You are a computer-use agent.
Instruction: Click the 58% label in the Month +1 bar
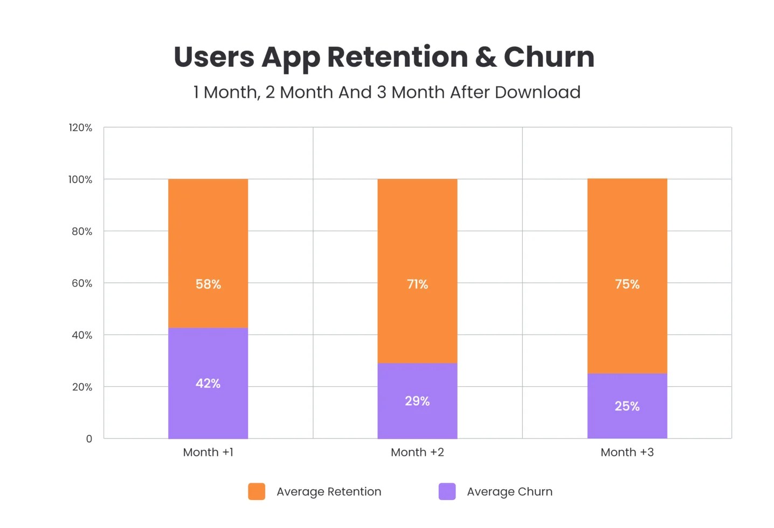click(x=208, y=284)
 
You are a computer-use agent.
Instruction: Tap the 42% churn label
click(x=208, y=384)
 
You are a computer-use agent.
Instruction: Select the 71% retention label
click(x=417, y=284)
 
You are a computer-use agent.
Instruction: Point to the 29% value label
click(x=417, y=401)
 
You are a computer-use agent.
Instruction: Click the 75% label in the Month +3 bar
click(x=627, y=284)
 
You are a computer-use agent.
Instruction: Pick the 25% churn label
click(x=627, y=406)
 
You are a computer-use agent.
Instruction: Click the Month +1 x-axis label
click(x=208, y=452)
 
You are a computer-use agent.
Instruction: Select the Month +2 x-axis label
click(x=417, y=452)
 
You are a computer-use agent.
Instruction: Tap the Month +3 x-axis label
click(x=627, y=452)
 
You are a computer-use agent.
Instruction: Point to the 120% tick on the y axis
click(x=80, y=128)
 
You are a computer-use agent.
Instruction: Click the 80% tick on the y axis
click(x=82, y=231)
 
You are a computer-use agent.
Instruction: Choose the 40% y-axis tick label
click(x=82, y=335)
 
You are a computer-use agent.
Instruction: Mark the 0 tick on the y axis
click(x=89, y=439)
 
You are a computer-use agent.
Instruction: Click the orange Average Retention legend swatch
click(x=257, y=491)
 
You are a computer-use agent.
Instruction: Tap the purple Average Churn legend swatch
click(x=447, y=491)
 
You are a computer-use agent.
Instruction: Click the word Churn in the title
click(x=549, y=57)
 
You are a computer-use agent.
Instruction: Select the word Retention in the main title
click(x=397, y=57)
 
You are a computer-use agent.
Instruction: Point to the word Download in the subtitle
click(x=537, y=92)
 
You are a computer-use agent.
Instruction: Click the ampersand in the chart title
click(x=486, y=57)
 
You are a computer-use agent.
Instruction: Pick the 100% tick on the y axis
click(x=80, y=179)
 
